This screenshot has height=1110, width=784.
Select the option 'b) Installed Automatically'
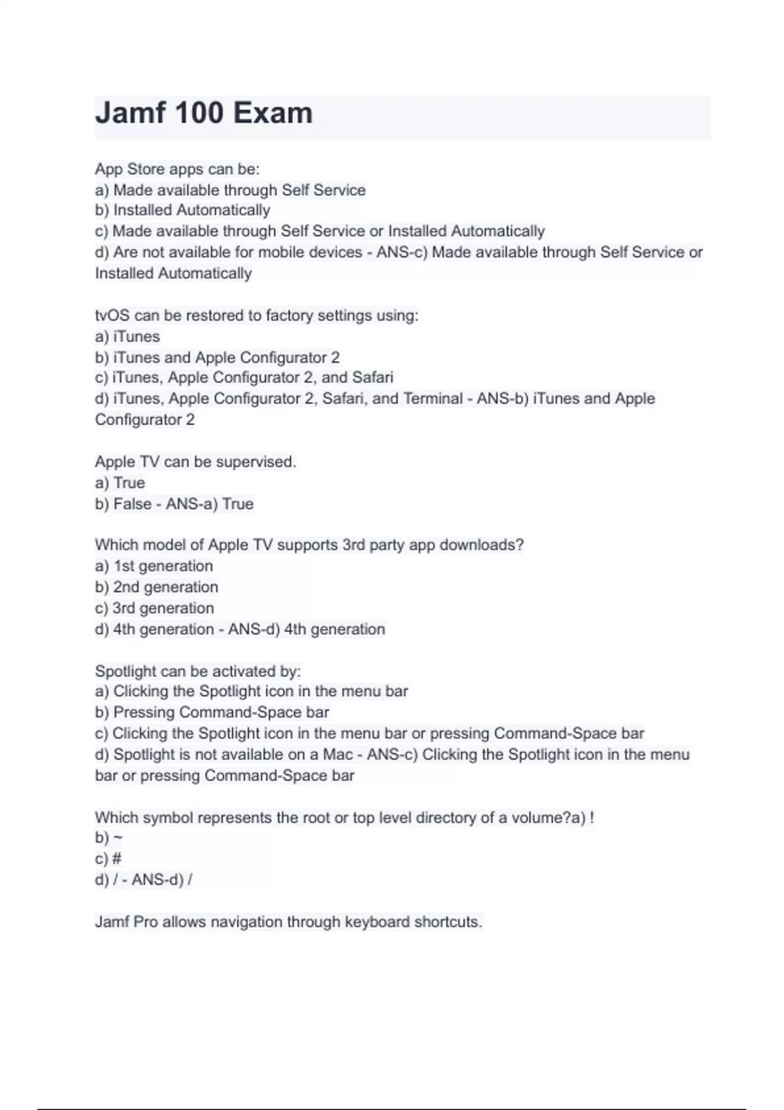(182, 210)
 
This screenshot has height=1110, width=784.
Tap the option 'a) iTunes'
(127, 336)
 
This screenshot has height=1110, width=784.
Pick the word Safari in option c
(372, 377)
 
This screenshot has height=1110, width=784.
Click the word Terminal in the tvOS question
(433, 398)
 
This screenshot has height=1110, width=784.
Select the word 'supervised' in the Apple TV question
(255, 462)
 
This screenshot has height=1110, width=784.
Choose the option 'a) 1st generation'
(154, 566)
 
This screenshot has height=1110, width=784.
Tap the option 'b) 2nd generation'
(156, 587)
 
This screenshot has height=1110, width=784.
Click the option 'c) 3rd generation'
(154, 608)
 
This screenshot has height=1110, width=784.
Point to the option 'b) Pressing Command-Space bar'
(212, 712)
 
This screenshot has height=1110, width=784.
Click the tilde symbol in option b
(118, 838)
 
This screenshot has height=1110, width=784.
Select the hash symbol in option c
(118, 859)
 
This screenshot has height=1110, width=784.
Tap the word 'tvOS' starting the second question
(112, 315)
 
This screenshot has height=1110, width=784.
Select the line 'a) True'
(120, 483)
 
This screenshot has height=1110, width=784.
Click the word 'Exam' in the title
(273, 113)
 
